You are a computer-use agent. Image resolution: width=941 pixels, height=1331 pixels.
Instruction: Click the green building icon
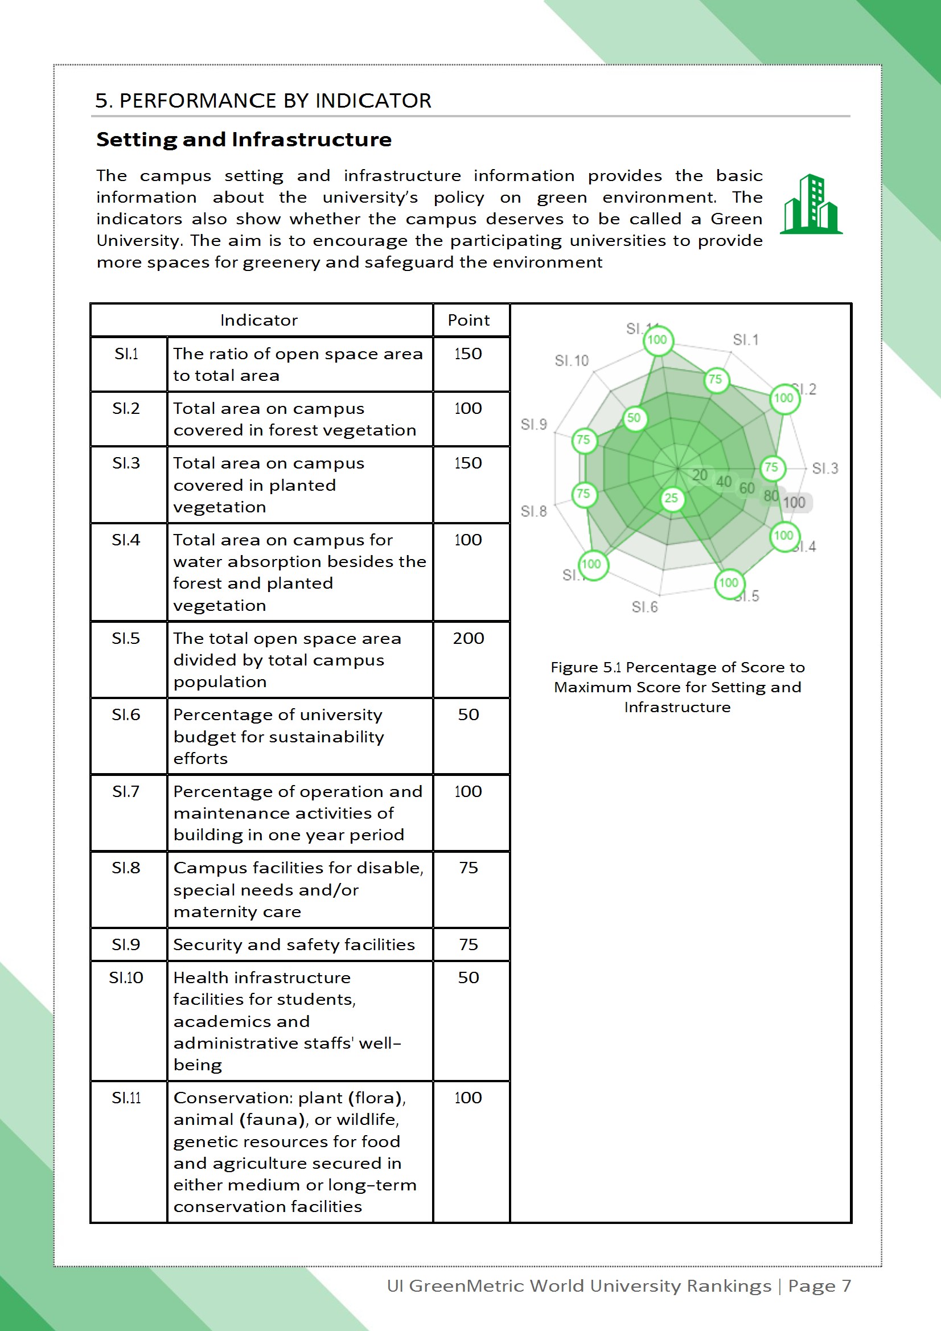pyautogui.click(x=811, y=204)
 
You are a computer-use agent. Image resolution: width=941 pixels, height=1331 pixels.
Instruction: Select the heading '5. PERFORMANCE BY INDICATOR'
pyautogui.click(x=263, y=101)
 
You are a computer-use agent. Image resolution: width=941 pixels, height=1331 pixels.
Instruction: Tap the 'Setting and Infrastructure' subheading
pyautogui.click(x=244, y=139)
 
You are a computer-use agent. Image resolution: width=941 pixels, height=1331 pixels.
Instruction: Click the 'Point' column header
pyautogui.click(x=469, y=320)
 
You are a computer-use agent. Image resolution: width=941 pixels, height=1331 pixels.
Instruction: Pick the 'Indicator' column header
pyautogui.click(x=258, y=320)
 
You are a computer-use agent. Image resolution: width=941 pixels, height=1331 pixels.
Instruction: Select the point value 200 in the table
pyautogui.click(x=469, y=638)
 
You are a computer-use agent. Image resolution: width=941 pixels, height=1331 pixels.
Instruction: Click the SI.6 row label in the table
pyautogui.click(x=126, y=715)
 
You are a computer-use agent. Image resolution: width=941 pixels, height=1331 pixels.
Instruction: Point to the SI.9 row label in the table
pyautogui.click(x=126, y=944)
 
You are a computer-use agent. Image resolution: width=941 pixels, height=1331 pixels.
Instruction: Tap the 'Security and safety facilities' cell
pyautogui.click(x=294, y=944)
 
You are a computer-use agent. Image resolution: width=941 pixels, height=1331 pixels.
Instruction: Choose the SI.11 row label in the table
pyautogui.click(x=126, y=1098)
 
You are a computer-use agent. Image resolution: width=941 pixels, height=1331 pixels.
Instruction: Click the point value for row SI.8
pyautogui.click(x=469, y=868)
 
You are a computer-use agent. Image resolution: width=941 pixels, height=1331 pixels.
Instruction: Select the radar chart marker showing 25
pyautogui.click(x=671, y=498)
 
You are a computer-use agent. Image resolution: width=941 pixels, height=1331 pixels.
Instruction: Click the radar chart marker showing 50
pyautogui.click(x=634, y=418)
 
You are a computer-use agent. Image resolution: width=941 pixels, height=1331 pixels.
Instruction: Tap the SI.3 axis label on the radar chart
pyautogui.click(x=824, y=469)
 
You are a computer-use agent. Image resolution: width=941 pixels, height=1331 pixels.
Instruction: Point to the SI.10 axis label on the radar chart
pyautogui.click(x=571, y=360)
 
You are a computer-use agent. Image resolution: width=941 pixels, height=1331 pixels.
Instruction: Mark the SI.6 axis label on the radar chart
pyautogui.click(x=644, y=607)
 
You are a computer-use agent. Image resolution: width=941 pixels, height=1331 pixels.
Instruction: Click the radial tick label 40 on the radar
pyautogui.click(x=724, y=482)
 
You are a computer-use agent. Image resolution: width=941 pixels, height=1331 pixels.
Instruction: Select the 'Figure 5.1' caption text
pyautogui.click(x=677, y=687)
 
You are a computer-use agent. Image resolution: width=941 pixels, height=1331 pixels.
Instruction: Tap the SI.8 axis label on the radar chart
pyautogui.click(x=533, y=511)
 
